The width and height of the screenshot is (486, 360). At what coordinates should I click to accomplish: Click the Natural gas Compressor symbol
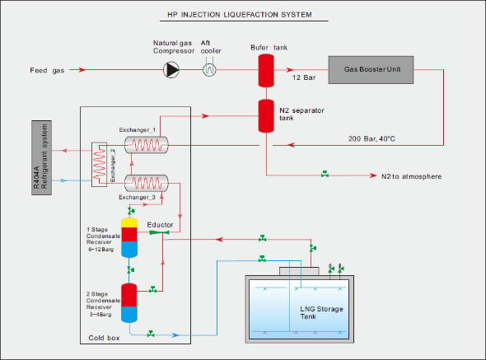pos(171,70)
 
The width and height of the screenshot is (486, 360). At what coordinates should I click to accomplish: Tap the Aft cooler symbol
pos(209,69)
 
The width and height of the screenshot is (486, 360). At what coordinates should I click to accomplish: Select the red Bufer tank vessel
pos(266,71)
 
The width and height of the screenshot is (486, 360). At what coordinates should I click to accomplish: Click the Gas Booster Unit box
pos(371,70)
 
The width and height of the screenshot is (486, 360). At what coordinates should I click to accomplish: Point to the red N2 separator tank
pos(266,116)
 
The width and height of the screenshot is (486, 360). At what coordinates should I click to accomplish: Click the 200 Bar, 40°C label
pos(372,138)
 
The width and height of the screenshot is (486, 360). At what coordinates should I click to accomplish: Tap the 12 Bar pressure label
pos(304,77)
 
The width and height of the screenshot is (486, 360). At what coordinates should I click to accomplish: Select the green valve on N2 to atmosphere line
pos(325,174)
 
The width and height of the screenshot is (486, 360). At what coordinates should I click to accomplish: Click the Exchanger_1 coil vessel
pos(147,145)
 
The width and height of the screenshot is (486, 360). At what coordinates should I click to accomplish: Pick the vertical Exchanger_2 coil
pos(99,164)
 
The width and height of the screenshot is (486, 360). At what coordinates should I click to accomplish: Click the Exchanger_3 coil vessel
pos(147,183)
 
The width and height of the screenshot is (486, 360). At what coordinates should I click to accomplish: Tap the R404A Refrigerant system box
pos(41,157)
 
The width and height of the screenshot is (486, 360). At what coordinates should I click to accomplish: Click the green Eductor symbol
pos(159,232)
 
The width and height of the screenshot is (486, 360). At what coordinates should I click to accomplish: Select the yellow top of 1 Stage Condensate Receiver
pos(129,223)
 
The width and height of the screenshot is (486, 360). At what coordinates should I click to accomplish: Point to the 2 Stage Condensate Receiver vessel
pos(129,303)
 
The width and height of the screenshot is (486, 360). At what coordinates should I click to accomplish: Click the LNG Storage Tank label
pos(321,312)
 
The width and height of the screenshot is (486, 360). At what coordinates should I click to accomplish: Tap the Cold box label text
pos(104,338)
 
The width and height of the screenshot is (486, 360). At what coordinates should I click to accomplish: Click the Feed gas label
pos(47,70)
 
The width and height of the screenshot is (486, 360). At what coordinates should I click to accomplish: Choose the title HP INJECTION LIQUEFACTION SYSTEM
pos(240,15)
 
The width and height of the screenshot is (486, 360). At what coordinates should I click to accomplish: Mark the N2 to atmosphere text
pos(411,176)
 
